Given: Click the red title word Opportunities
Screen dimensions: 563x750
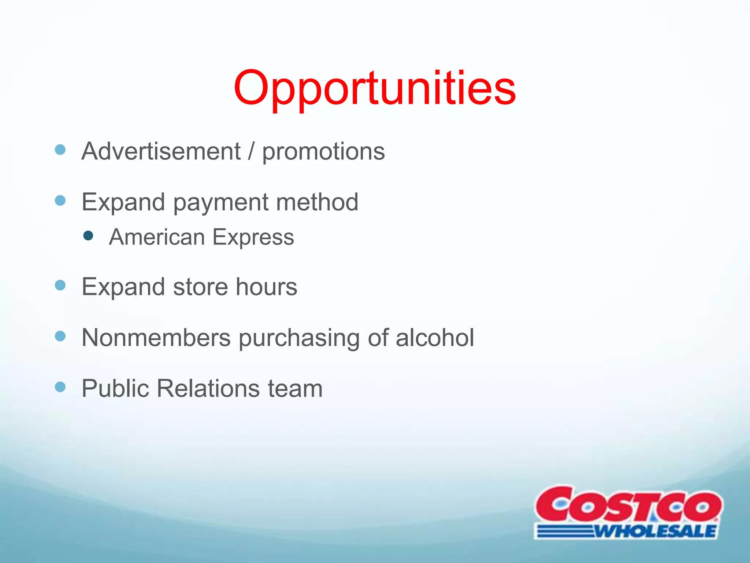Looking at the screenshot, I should point(375,89).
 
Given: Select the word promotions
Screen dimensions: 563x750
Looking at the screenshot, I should point(323,152).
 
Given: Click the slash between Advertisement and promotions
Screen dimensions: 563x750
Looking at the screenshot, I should point(251,151).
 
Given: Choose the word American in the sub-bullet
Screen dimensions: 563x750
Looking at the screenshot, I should point(157,237).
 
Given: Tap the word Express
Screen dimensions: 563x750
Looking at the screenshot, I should point(253,238).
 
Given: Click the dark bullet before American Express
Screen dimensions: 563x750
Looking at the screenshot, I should point(88,235).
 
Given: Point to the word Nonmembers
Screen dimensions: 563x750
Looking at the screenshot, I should point(156,337).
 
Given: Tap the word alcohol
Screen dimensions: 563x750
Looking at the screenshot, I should point(435,337).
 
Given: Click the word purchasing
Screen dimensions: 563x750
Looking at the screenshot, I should point(299,338).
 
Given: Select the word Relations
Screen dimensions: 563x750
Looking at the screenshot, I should point(208,388).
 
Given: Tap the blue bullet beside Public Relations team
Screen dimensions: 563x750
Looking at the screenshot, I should point(60,387).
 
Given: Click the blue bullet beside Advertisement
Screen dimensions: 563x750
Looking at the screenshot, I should point(60,150).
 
